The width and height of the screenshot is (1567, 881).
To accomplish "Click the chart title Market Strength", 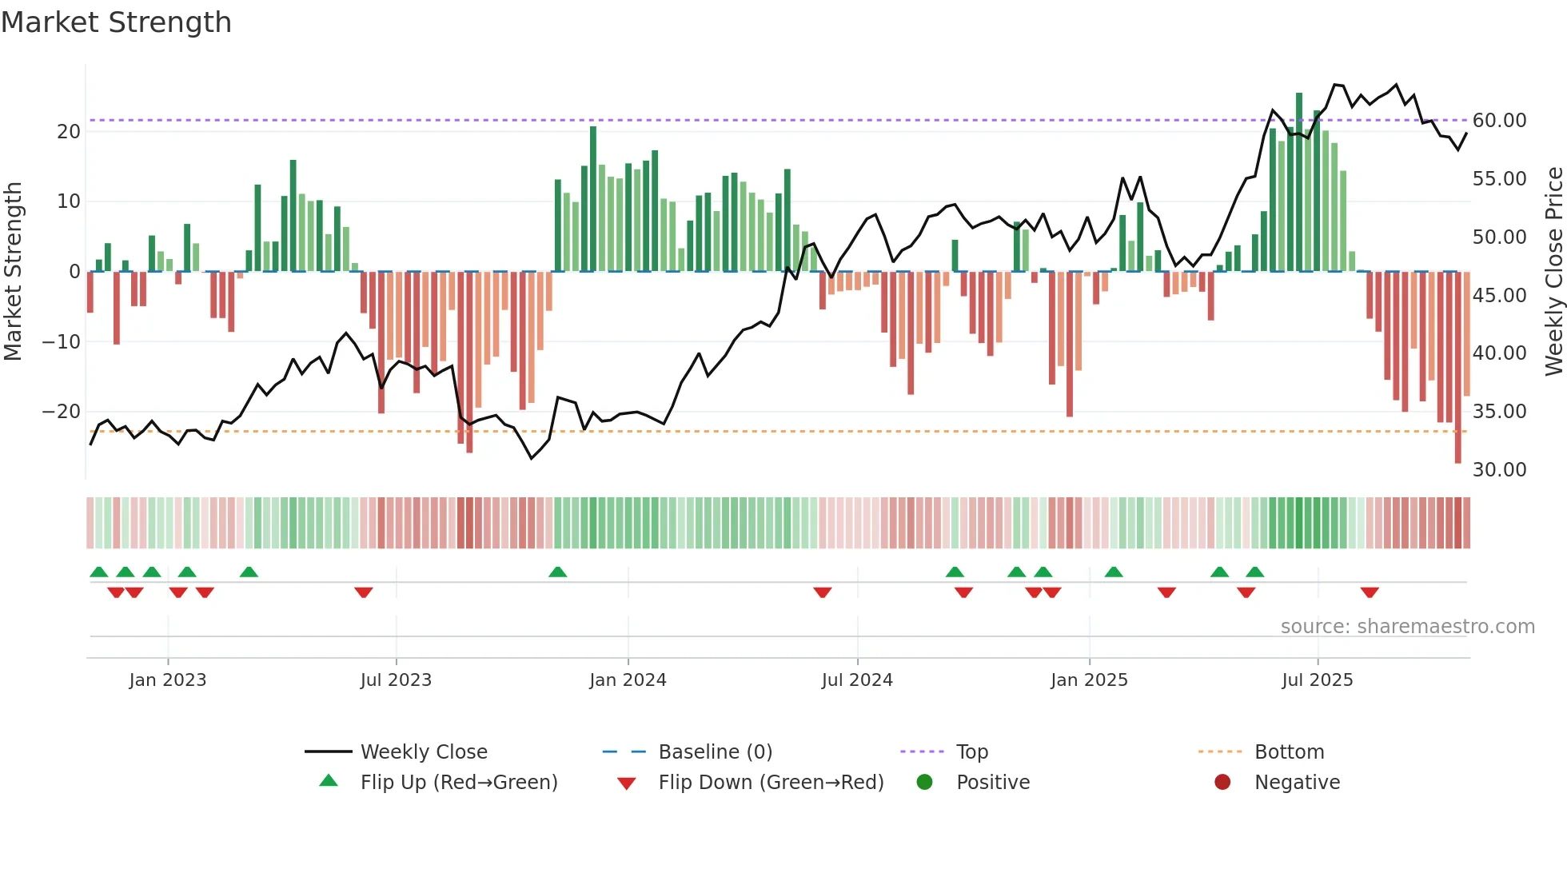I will click(116, 22).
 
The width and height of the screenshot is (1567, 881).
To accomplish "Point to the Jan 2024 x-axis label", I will click(628, 680).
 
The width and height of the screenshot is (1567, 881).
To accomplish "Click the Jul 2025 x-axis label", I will click(1317, 680).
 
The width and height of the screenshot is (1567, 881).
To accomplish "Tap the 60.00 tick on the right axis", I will click(1499, 121).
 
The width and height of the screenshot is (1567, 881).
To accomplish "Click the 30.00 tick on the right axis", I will click(1499, 469).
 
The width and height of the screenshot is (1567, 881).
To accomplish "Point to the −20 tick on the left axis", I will click(62, 412).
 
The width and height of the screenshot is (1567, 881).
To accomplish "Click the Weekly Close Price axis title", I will click(1553, 272).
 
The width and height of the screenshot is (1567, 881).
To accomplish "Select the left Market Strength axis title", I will click(14, 272).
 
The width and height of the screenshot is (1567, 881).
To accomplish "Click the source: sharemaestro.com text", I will click(1407, 626).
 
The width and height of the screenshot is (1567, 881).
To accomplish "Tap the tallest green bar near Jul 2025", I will click(1299, 182).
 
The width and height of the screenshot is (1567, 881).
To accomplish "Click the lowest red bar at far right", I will click(1457, 368).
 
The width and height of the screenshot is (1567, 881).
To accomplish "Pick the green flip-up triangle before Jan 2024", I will click(558, 572).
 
